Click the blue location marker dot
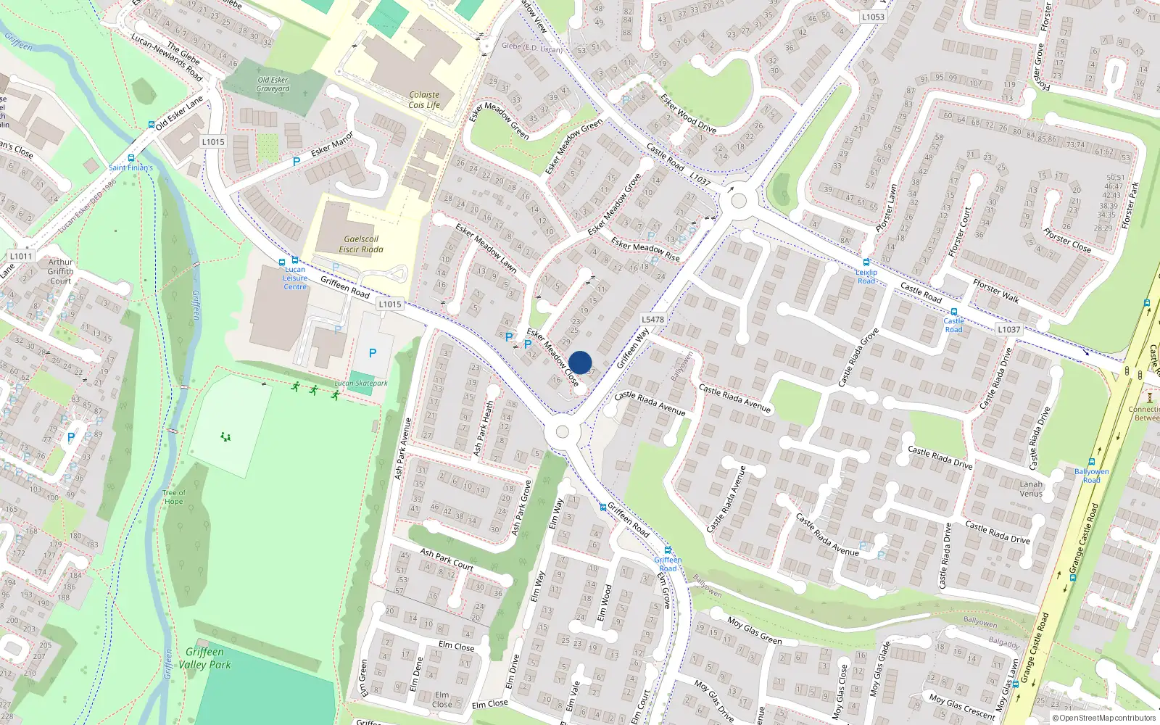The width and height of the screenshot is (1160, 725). [x=580, y=362]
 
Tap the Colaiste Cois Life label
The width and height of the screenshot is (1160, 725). [x=424, y=100]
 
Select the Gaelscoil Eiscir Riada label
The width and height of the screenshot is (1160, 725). [x=361, y=244]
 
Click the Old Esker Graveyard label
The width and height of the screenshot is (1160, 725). [x=273, y=84]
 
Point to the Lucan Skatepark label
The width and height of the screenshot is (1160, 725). [x=361, y=384]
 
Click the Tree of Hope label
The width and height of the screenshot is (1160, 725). [x=173, y=497]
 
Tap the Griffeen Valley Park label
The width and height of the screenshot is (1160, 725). [x=204, y=658]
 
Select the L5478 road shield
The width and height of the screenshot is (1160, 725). [x=652, y=319]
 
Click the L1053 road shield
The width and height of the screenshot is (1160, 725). [x=873, y=17]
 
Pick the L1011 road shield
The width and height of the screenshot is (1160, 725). [x=21, y=256]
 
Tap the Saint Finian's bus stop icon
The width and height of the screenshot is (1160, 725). [x=131, y=157]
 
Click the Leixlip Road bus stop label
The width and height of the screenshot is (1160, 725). [x=866, y=277]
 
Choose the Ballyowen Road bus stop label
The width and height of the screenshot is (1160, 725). [x=1091, y=476]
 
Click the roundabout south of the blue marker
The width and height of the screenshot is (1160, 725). [x=562, y=433]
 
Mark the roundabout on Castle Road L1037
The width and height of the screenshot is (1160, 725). [x=739, y=200]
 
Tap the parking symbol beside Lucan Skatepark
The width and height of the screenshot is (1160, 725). [x=373, y=353]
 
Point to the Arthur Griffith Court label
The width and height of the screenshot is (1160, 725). [x=61, y=271]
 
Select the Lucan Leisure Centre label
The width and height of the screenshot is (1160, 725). [x=295, y=278]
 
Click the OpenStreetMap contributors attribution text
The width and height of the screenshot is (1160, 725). [x=1107, y=718]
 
